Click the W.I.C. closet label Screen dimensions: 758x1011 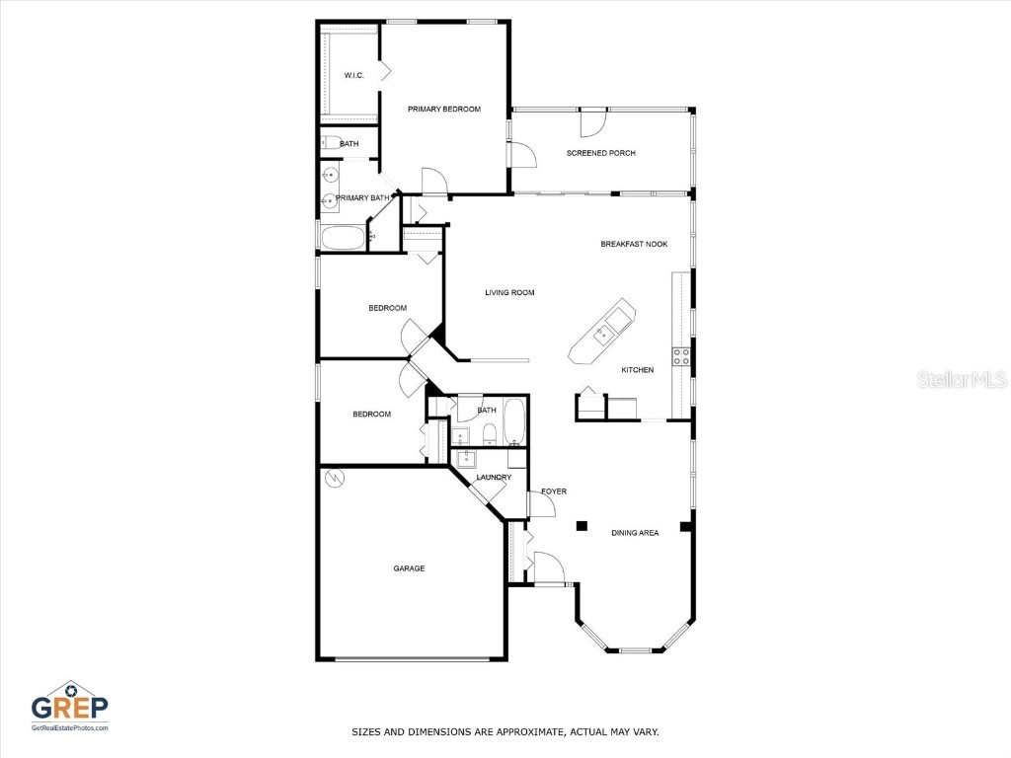353,76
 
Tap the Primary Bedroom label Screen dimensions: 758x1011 444,109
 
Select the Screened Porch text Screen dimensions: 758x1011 600,153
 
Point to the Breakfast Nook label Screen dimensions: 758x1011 634,244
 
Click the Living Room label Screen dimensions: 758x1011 509,292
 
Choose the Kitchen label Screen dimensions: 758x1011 637,370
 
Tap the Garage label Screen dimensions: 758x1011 409,568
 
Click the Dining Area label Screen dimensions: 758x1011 635,533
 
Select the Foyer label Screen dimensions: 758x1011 554,492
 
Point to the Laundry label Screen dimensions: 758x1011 494,478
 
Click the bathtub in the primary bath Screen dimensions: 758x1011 342,238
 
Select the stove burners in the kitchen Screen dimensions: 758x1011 680,356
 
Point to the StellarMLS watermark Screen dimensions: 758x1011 961,380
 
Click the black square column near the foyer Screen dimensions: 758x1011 583,525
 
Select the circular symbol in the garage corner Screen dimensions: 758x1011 334,479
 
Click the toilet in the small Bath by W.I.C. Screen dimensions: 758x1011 330,143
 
